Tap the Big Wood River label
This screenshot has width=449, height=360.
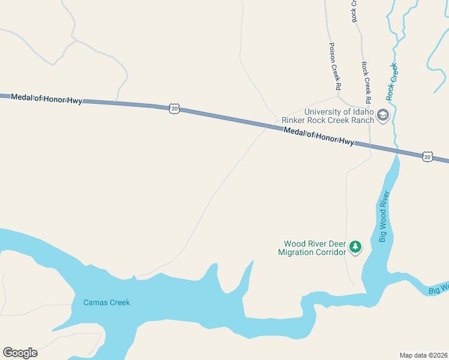(384, 216)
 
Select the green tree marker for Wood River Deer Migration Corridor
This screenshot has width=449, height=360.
(356, 247)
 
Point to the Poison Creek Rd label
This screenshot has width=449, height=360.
(334, 66)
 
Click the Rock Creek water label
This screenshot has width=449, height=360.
(393, 81)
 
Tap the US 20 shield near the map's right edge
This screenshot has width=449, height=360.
(427, 156)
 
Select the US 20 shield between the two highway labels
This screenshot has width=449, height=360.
(174, 108)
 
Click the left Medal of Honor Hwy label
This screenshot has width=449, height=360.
(46, 98)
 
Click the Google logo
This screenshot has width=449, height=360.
(20, 353)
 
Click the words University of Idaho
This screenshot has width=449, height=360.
(339, 112)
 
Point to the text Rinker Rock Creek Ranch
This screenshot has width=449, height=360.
(328, 120)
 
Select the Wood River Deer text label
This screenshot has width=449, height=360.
(315, 244)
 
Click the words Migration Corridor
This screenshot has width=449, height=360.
(312, 252)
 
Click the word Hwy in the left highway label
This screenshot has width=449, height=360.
(74, 101)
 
